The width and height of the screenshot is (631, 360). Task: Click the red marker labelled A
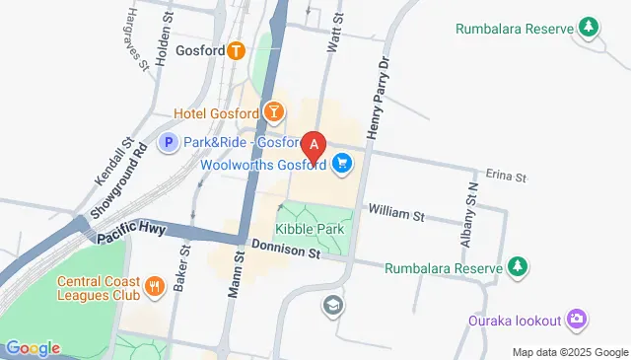(314, 147)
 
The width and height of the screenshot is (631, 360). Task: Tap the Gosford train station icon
(235, 51)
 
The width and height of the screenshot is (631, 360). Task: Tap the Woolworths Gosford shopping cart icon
(342, 163)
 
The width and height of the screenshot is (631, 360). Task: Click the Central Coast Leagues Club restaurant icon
(154, 287)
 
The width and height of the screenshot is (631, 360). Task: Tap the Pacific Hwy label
(132, 235)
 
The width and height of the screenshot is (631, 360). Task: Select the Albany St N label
(468, 213)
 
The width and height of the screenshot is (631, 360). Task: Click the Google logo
(32, 347)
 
